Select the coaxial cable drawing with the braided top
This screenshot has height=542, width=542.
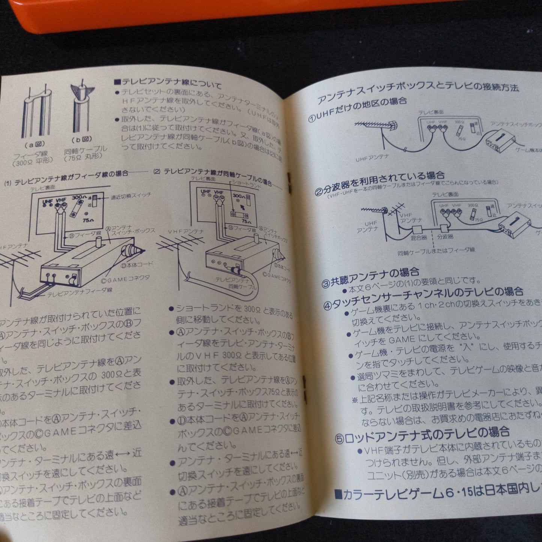tap(82, 109)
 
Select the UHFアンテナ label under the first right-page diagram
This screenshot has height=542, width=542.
tap(372, 159)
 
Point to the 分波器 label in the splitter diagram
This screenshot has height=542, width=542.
tap(445, 237)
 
